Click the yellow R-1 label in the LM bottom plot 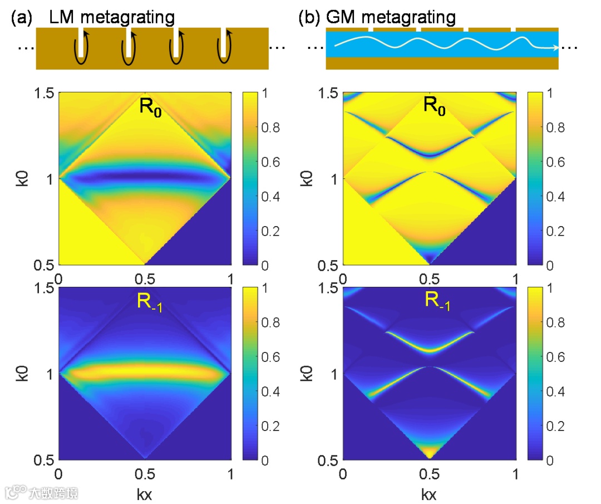(149, 302)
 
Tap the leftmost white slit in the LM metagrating (82, 42)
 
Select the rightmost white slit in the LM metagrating (223, 42)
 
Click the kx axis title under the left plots (145, 493)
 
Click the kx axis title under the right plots (429, 493)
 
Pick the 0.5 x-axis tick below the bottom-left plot (145, 473)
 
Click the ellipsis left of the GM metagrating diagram (315, 48)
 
